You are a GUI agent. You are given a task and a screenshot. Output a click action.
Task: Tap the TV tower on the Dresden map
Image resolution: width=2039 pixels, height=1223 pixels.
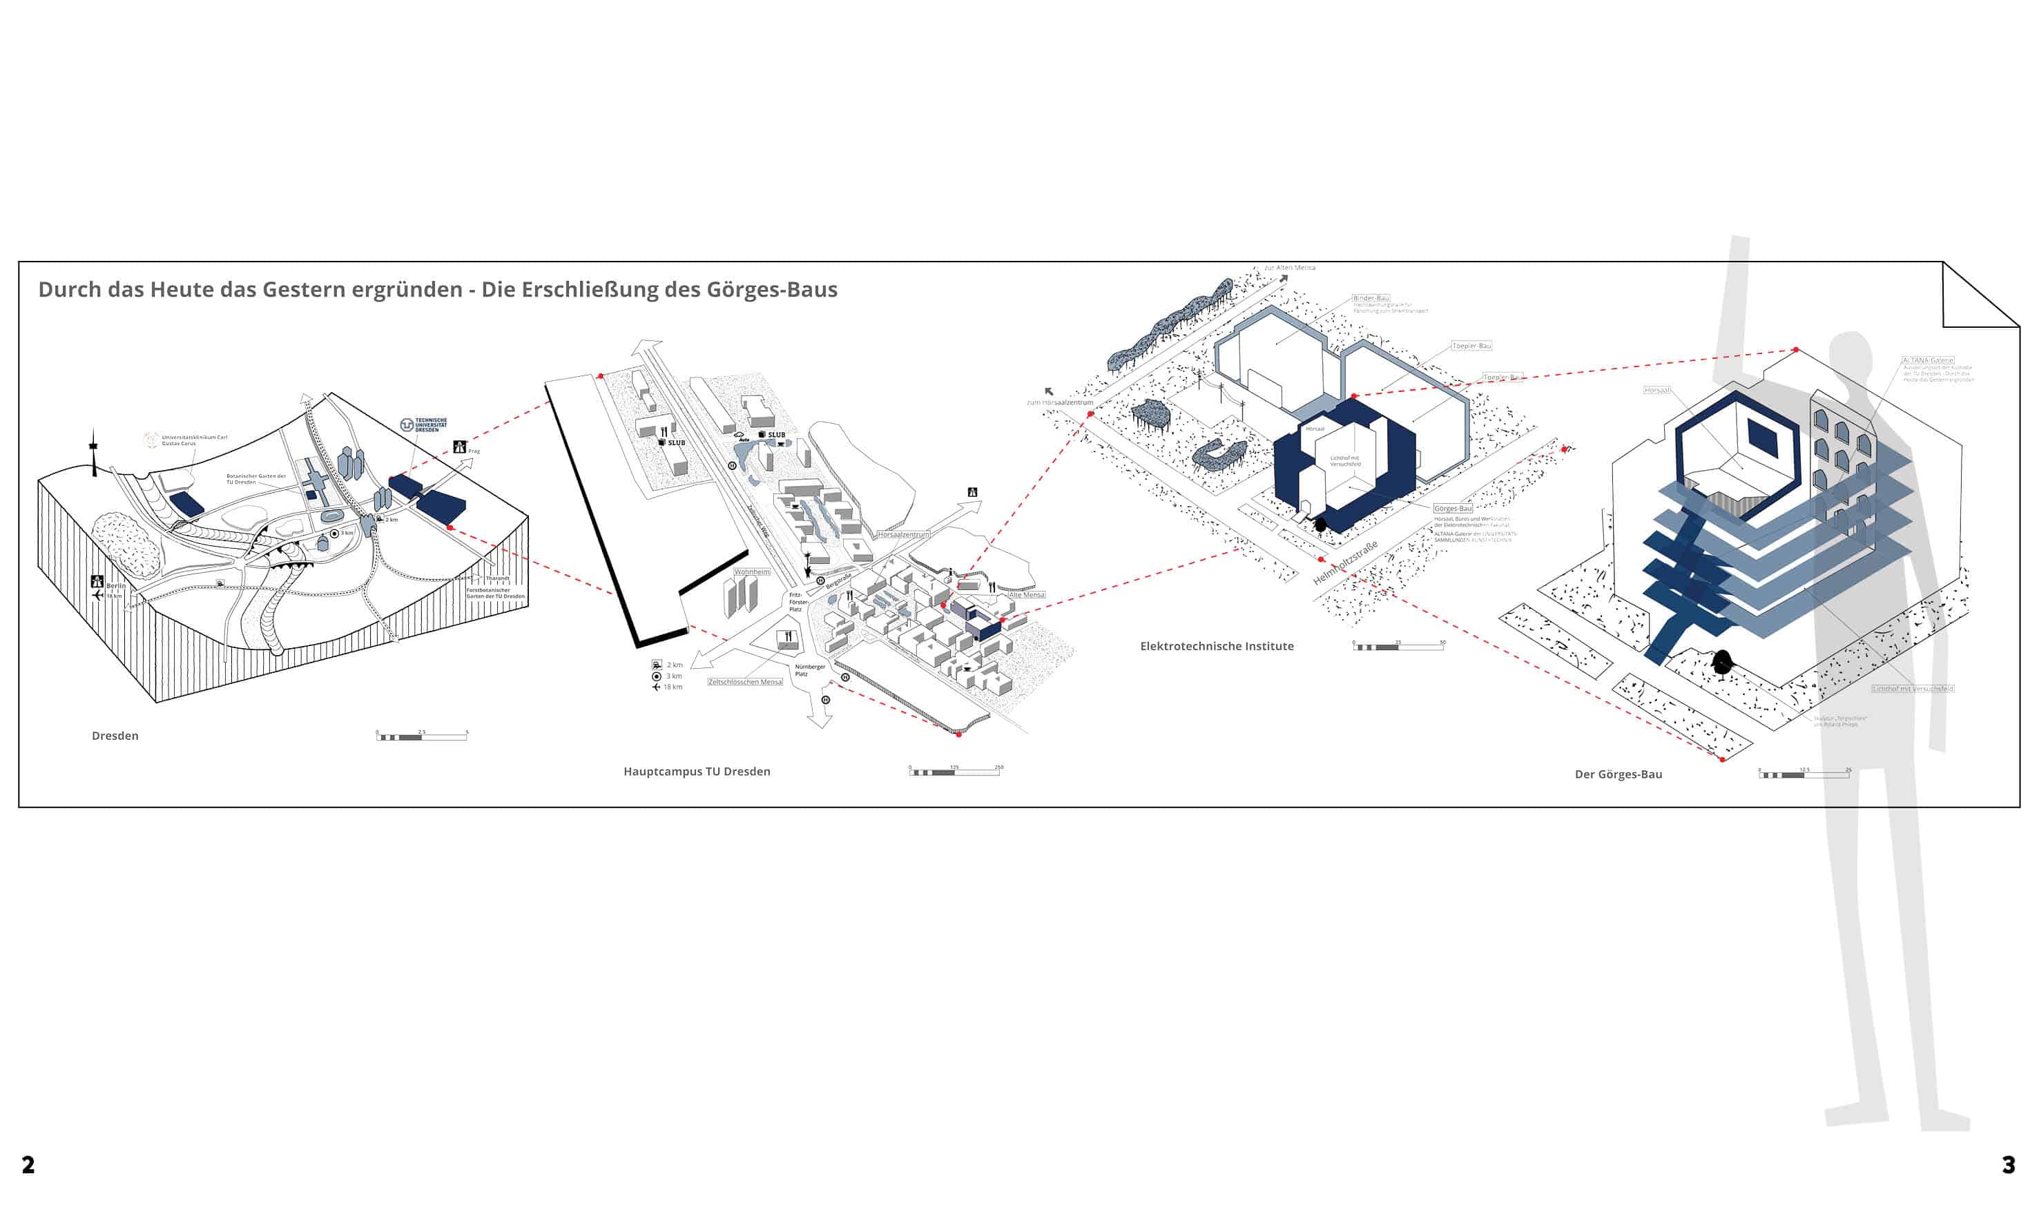(x=94, y=453)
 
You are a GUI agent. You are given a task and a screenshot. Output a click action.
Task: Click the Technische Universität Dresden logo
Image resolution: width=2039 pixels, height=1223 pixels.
(x=423, y=424)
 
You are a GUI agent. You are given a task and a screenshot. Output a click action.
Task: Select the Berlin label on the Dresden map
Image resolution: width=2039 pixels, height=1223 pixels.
(x=115, y=585)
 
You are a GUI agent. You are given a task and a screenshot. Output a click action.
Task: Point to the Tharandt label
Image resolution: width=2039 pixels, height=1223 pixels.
(x=497, y=578)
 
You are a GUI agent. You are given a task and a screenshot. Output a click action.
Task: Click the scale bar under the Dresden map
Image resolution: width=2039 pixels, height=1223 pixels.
(x=421, y=736)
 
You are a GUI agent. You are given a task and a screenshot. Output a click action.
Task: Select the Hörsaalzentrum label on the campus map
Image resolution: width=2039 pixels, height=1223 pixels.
(x=903, y=534)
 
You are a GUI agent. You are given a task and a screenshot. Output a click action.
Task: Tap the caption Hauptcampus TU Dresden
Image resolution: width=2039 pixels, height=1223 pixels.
(x=697, y=772)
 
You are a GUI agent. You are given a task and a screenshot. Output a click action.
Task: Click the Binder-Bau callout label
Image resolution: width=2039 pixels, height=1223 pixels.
(x=1371, y=298)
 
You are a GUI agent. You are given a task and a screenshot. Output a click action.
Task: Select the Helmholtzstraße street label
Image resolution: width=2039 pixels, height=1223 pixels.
(x=1345, y=564)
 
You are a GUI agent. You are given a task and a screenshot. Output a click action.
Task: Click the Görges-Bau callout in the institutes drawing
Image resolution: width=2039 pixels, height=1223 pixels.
(x=1452, y=509)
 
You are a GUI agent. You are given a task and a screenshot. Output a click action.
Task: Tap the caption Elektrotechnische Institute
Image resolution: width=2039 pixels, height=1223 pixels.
(x=1216, y=646)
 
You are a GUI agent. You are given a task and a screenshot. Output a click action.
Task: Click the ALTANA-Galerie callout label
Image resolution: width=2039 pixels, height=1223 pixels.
(x=1927, y=360)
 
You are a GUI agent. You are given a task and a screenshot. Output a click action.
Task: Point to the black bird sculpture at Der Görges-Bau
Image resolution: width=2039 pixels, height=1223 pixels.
(x=1721, y=661)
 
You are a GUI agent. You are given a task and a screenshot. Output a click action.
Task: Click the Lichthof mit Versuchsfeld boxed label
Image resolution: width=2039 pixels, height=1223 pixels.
(x=1912, y=688)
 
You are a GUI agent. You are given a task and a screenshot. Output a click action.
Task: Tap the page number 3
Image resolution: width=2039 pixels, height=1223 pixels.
(x=2008, y=1164)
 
